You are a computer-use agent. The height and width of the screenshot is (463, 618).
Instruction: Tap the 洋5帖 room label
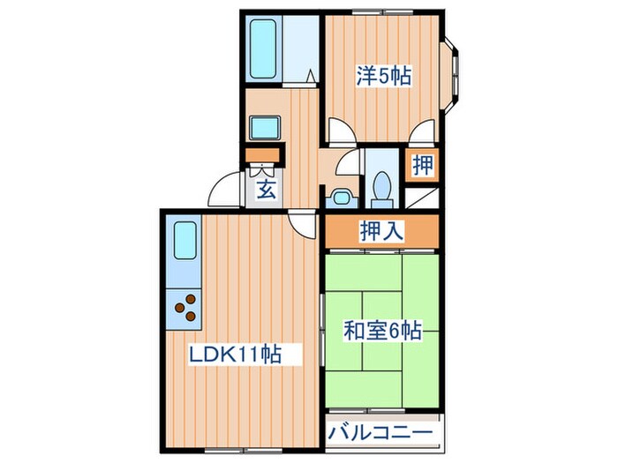(384, 77)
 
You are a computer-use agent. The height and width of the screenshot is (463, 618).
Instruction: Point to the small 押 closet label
(423, 164)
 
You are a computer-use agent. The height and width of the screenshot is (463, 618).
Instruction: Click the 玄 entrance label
(265, 188)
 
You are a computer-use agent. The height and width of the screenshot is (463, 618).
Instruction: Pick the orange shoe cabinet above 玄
(262, 158)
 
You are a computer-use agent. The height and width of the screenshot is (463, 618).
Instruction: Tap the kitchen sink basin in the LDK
(185, 241)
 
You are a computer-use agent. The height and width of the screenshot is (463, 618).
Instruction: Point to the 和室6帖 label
(382, 332)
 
